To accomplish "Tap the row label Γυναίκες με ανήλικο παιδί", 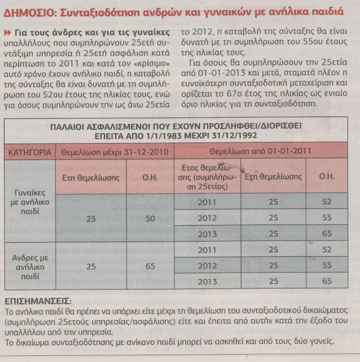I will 31,204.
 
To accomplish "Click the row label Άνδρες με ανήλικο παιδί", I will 31,265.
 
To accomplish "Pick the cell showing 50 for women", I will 149,218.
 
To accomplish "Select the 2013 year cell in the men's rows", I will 209,281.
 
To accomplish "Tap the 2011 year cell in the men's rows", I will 209,249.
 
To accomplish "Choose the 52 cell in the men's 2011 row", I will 326,249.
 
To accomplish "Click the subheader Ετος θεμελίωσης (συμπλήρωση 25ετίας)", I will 209,176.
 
